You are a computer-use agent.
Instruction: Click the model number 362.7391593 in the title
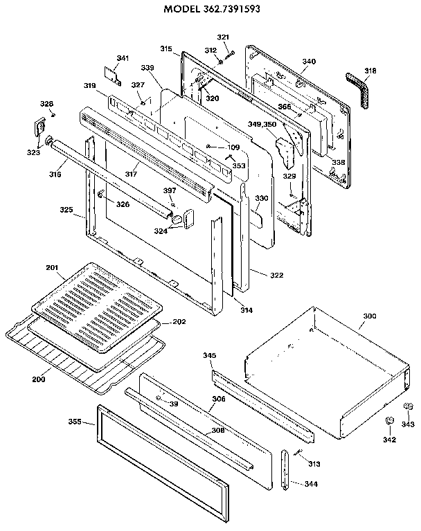coord(238,10)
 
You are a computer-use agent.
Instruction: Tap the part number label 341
coord(123,57)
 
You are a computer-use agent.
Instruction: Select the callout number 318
coord(371,70)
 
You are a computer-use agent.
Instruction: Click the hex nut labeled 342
coord(389,421)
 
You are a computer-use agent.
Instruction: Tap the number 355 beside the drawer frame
coord(75,422)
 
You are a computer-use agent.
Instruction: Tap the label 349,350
coord(262,124)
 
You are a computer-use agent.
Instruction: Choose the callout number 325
coord(66,209)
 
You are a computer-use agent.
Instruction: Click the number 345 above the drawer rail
coord(210,355)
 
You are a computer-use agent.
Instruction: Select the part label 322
coord(276,276)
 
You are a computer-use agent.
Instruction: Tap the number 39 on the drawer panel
coord(174,404)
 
